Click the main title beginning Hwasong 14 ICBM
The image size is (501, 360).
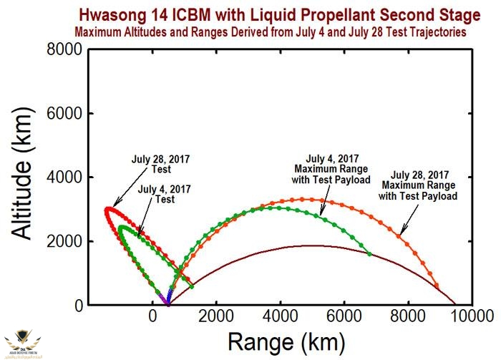280,16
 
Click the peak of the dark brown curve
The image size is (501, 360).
311,246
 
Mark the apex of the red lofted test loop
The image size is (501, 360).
108,208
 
